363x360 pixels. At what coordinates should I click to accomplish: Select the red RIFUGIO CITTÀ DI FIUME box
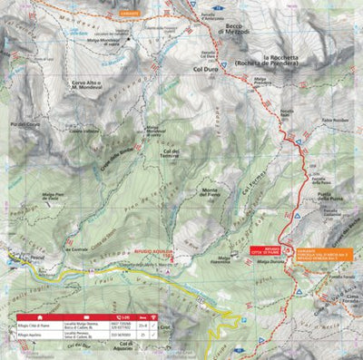276,249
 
